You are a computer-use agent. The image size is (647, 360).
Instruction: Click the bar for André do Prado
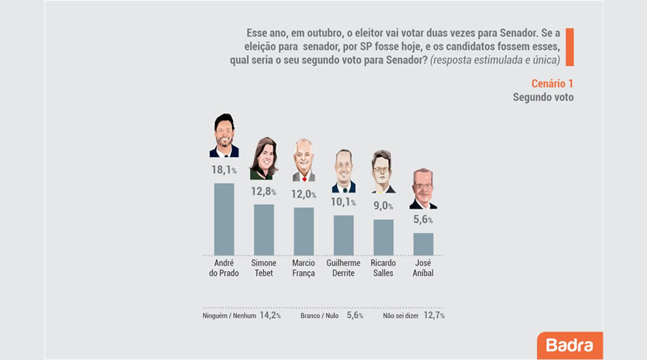224,219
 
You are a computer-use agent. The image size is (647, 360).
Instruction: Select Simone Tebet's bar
264,230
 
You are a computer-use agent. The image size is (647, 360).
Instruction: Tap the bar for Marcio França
304,231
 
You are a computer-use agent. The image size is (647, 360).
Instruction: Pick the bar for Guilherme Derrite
343,235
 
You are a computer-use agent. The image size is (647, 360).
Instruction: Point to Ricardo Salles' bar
383,237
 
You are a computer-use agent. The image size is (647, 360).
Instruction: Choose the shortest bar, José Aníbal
423,244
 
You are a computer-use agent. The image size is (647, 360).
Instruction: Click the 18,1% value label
224,170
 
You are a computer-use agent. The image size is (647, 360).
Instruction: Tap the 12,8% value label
264,191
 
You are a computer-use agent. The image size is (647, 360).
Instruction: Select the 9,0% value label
383,205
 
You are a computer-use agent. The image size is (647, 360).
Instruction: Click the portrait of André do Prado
224,135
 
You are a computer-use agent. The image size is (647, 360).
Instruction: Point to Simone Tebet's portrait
264,159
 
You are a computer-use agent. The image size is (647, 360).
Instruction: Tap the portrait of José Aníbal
423,188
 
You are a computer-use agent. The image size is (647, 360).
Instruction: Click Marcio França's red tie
304,179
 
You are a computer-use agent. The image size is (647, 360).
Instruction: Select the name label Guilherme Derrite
343,268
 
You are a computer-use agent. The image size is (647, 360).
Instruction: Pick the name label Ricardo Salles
383,268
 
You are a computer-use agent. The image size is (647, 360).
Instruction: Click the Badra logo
570,345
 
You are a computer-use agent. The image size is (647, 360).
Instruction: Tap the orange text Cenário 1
552,84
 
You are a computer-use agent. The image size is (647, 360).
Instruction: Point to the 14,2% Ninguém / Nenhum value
270,316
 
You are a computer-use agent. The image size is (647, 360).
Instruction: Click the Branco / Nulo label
319,316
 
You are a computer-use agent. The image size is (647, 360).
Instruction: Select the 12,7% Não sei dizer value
434,316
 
